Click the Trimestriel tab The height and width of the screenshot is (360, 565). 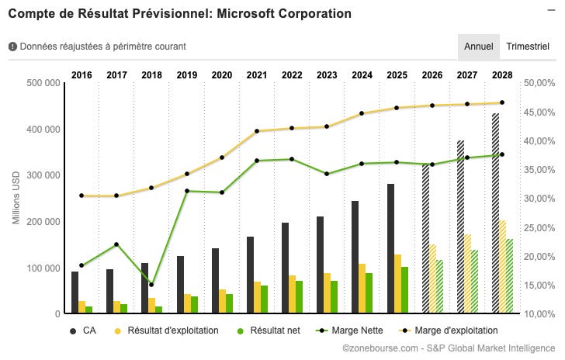[528, 47]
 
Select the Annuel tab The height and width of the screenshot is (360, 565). [479, 47]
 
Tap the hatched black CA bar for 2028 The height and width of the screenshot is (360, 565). [496, 213]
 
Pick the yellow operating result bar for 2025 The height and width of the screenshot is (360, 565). [397, 284]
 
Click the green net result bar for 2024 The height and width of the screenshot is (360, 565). [369, 293]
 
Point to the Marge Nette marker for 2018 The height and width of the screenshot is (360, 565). [151, 285]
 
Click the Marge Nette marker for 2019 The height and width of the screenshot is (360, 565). [187, 191]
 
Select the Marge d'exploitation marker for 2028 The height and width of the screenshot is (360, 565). [502, 102]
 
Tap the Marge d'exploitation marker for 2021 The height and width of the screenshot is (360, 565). [257, 131]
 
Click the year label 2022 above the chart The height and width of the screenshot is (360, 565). [292, 75]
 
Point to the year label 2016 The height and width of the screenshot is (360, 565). [81, 75]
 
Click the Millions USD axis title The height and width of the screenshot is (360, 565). [16, 199]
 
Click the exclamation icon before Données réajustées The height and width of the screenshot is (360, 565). [12, 47]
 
